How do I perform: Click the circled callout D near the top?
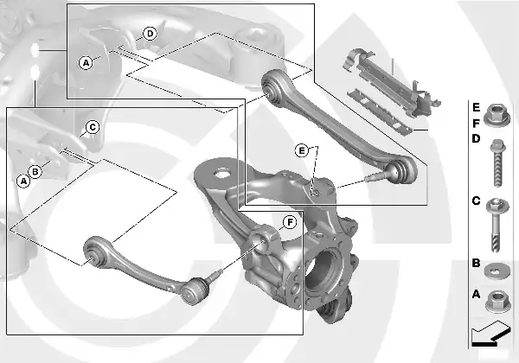point(150,34)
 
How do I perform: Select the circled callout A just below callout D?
point(86,62)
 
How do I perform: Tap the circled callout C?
point(93,127)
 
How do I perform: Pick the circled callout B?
point(35,172)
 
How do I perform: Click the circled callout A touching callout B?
point(23,181)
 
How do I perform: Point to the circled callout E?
point(301,150)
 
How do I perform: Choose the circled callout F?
point(290,222)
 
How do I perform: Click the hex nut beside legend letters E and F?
point(497,115)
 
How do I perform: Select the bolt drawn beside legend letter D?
point(498,162)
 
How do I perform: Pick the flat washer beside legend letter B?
point(497,271)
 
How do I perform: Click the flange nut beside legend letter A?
point(498,302)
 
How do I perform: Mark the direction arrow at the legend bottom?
point(490,334)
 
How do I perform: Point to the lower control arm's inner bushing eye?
point(94,252)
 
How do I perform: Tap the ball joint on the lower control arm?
point(195,290)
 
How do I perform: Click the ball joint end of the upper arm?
point(402,170)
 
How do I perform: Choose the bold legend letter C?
point(476,201)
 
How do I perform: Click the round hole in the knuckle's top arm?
point(221,173)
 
